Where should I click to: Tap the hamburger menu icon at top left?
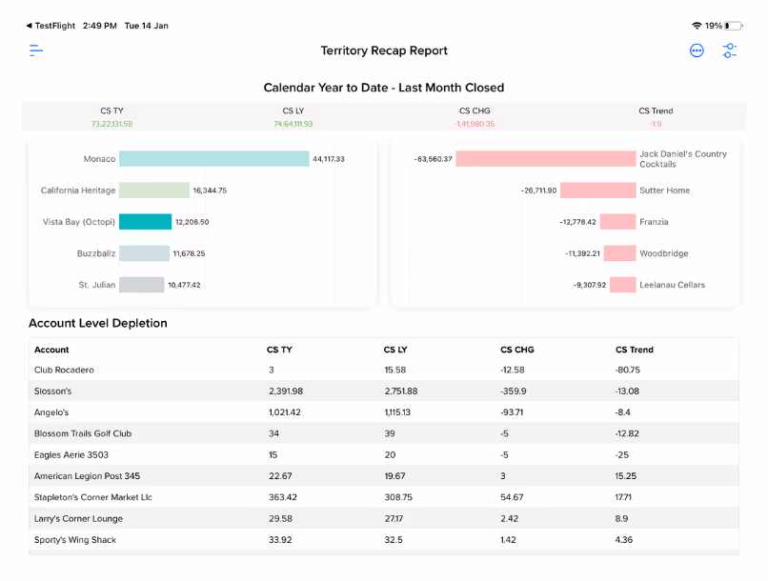pos(36,50)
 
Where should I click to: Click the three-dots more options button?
pos(697,50)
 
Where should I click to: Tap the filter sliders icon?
pos(730,50)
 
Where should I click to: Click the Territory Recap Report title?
pos(384,50)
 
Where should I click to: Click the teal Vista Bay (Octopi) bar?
pos(146,222)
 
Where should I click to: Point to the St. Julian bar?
pos(142,285)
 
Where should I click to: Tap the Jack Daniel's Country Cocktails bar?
pos(546,159)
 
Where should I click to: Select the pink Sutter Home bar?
pos(597,190)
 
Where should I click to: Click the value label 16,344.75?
pos(210,190)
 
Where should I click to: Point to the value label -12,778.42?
pos(578,222)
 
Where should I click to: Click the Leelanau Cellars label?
pos(673,285)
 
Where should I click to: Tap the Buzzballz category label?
pos(96,253)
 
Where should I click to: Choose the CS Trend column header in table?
pos(635,350)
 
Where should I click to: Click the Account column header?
pos(51,350)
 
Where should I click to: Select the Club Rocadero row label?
pos(64,370)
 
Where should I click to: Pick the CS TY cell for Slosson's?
pos(286,391)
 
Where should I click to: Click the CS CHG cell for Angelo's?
pos(515,412)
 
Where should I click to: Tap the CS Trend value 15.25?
pos(627,476)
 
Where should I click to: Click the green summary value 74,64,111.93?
pos(293,124)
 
